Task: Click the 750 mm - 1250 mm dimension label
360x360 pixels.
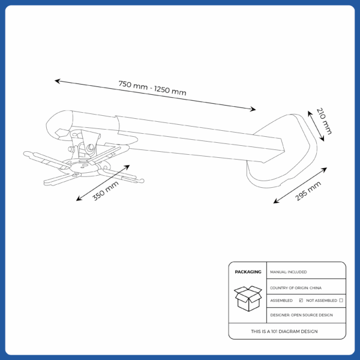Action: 152,88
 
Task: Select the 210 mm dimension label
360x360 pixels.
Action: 324,121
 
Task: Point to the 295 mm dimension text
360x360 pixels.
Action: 308,191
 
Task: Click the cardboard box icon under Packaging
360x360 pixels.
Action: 247,298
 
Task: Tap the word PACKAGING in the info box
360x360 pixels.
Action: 248,272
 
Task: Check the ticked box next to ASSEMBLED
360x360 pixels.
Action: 301,300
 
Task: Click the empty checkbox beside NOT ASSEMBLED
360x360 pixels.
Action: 341,300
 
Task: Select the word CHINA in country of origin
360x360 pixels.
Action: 316,288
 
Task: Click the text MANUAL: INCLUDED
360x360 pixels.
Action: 289,272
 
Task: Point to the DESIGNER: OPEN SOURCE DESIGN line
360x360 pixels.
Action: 301,314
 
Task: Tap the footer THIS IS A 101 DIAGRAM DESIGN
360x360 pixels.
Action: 284,331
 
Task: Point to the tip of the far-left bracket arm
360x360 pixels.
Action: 27,154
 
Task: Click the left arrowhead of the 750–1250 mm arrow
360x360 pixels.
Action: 56,80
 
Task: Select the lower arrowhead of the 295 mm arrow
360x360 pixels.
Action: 275,202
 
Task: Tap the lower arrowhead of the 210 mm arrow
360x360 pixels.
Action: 323,139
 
